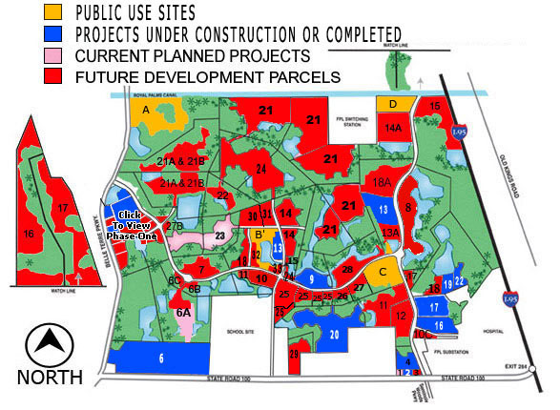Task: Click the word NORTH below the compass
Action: point(50,378)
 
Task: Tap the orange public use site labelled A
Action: point(147,111)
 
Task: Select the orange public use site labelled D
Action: point(393,103)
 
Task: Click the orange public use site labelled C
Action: point(384,271)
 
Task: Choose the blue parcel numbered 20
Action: point(334,334)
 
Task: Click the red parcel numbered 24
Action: point(260,169)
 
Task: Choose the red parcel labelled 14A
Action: point(393,127)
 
